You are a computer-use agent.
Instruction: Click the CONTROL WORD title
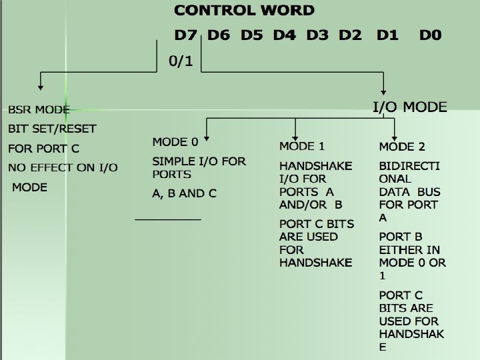[244, 10]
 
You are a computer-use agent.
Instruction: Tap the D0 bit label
[430, 35]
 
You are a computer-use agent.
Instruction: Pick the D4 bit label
[285, 35]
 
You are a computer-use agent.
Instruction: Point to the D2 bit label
[351, 35]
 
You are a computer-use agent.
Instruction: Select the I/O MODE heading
[409, 107]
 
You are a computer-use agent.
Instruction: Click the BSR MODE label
[39, 109]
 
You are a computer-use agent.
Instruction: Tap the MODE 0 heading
[175, 142]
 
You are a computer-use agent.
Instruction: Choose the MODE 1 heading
[302, 146]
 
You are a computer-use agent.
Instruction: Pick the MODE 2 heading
[402, 146]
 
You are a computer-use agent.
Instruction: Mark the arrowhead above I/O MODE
[384, 92]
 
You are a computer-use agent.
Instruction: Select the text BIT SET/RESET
[52, 128]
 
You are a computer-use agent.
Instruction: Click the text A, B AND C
[185, 193]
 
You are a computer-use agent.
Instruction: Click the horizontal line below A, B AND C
[168, 219]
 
